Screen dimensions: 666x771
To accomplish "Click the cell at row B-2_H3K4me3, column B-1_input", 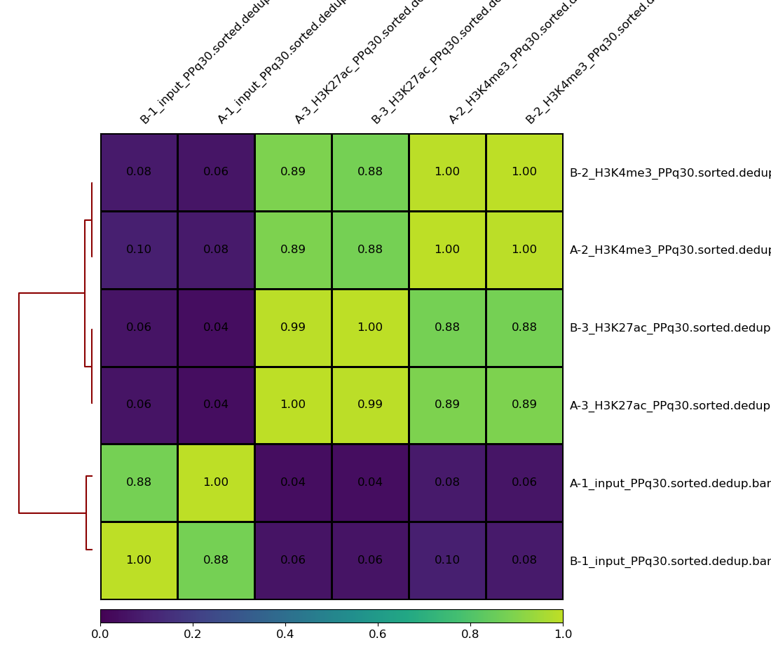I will pos(139,172).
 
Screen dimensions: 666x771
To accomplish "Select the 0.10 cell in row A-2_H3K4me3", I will pos(139,250).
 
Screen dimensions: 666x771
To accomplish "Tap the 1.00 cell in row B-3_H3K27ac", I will pos(370,327).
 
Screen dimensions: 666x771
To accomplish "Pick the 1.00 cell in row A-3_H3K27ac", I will pos(293,405).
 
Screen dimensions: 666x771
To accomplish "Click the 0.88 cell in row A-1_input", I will pos(139,483).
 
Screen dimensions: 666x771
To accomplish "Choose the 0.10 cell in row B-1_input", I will pos(447,560).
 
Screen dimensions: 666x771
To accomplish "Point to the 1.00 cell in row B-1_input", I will pos(139,560).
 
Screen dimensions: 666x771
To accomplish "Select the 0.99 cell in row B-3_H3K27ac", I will pos(293,327).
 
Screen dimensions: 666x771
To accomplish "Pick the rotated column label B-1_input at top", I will pos(203,63).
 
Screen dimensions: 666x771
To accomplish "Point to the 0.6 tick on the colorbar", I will pos(378,617).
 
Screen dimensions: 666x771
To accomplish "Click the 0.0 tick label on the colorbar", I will pos(100,634).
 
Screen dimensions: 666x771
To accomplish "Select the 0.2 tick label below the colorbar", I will pos(193,634).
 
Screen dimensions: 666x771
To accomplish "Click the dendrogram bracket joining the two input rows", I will pos(86,513).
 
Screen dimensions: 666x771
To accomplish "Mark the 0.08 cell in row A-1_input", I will pos(447,483).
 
